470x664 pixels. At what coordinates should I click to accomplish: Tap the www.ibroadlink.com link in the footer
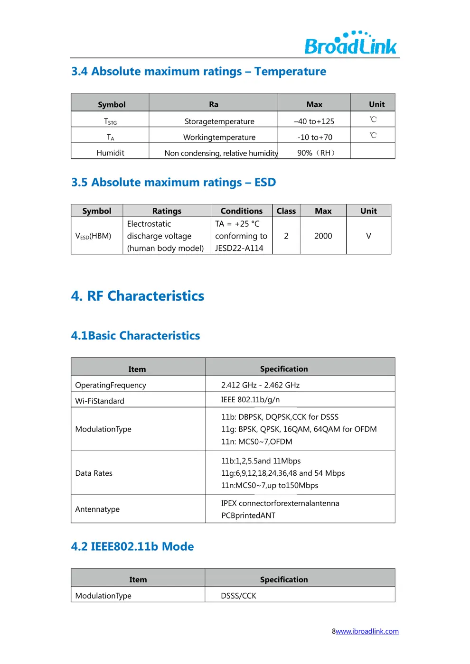[367, 631]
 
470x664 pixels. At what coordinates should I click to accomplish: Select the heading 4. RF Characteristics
[138, 296]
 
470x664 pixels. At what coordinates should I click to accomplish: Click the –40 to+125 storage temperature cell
[314, 121]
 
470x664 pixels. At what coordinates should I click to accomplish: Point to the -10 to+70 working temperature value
[315, 138]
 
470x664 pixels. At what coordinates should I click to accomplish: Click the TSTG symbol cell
[110, 121]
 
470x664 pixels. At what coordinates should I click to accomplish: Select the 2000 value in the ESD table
[323, 236]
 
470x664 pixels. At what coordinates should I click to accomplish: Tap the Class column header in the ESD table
[286, 211]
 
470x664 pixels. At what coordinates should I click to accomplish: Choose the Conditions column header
[242, 211]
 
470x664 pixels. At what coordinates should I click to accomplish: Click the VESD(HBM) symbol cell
[94, 236]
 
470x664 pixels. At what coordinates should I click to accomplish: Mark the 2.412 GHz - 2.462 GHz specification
[260, 385]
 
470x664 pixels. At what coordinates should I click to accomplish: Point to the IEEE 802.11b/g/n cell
[250, 400]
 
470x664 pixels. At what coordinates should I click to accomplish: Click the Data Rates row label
[94, 473]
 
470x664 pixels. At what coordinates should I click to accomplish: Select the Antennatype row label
[97, 509]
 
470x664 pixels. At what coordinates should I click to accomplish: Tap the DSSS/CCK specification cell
[238, 596]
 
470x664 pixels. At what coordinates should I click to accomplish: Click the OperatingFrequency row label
[111, 385]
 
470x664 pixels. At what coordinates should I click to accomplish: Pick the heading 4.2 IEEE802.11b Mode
[132, 546]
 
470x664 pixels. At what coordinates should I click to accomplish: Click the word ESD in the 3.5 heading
[265, 183]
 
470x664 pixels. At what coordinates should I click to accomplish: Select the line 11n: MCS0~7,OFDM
[257, 442]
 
